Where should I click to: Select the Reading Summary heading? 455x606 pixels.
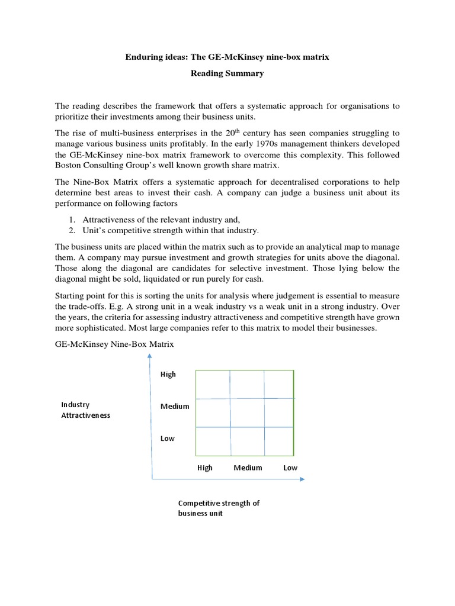227,73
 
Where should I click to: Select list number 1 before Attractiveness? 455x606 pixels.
72,220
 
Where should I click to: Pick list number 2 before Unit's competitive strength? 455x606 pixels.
72,230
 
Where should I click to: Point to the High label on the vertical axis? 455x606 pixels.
168,375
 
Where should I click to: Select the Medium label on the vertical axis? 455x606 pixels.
175,407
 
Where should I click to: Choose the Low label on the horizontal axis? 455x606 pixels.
290,468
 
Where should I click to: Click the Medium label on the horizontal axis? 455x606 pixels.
248,468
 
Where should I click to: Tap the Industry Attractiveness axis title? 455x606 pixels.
85,410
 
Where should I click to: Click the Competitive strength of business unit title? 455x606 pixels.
219,508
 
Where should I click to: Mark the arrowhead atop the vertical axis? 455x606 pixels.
150,356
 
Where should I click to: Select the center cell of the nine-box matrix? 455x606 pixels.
246,412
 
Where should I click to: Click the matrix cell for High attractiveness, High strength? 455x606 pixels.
212,384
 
